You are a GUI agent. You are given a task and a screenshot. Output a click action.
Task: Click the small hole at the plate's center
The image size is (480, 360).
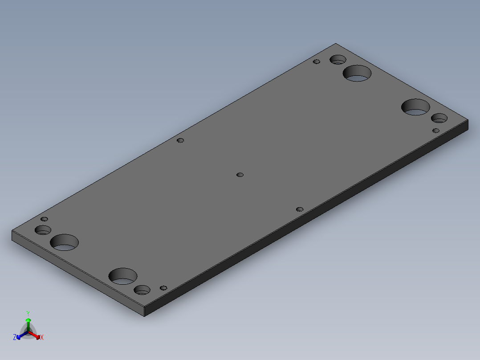[240, 175]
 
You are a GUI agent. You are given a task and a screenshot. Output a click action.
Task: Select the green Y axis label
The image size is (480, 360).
[28, 313]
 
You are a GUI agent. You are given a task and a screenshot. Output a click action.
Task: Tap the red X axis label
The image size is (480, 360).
[42, 338]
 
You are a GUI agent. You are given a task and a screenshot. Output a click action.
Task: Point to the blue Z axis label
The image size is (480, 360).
[15, 338]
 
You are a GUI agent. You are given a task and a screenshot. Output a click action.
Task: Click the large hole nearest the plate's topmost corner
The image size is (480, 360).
[358, 74]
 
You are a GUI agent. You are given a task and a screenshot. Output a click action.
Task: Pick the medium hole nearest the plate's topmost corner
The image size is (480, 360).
[338, 60]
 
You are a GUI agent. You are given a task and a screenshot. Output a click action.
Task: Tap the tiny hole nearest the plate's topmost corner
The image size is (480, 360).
[317, 61]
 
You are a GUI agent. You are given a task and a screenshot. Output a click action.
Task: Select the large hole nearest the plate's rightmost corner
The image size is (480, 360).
[415, 107]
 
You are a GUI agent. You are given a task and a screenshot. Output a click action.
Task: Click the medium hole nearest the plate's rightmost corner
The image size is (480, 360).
[439, 119]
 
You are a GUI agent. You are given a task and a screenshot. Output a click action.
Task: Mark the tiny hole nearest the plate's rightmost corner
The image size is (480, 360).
[436, 131]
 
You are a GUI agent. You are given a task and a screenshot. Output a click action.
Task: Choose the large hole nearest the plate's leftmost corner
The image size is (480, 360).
[65, 242]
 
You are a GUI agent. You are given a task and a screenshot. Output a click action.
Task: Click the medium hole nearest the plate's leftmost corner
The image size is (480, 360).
[43, 230]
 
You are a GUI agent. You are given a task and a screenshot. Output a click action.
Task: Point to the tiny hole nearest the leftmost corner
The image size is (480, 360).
[44, 219]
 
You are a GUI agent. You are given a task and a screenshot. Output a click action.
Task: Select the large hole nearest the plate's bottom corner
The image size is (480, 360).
[123, 276]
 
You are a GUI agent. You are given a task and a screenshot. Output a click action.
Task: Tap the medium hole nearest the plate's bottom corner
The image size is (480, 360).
[142, 290]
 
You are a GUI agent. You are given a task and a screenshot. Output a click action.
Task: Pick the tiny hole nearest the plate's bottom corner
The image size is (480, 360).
[163, 288]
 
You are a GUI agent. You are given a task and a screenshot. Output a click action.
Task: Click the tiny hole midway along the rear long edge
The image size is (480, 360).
[180, 140]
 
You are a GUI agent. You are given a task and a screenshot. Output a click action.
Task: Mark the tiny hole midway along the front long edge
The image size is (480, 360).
[300, 209]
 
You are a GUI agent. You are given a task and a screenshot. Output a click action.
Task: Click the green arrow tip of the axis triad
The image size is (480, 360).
[28, 320]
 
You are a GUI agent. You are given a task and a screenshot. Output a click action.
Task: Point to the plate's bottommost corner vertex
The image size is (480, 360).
[145, 317]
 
